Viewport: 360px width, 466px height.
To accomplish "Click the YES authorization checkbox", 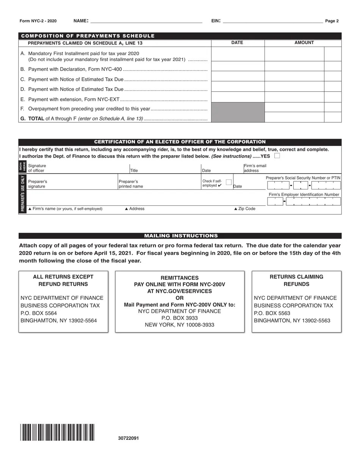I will [277, 156].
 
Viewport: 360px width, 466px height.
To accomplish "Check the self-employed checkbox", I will [229, 182].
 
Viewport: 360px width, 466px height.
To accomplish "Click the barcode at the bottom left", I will [57, 432].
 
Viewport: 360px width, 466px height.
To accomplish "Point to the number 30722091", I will [128, 438].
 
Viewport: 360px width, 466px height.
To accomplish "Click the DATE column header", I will [237, 43].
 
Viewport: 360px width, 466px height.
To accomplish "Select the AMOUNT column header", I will [304, 43].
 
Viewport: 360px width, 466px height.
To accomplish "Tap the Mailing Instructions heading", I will [181, 236].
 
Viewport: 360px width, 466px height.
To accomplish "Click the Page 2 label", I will [332, 21].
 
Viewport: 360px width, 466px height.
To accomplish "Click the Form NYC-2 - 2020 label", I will [38, 21].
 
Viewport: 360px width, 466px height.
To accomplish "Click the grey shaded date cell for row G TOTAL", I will [238, 117].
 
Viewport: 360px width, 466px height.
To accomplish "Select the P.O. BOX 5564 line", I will [39, 313].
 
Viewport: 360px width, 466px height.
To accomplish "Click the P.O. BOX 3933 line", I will [180, 318].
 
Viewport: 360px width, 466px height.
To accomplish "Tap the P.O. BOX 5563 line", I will [272, 313].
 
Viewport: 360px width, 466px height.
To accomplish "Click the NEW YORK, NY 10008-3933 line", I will [180, 325].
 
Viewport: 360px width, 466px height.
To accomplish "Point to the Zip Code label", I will [245, 209].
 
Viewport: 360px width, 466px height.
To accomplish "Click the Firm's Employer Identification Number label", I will [304, 194].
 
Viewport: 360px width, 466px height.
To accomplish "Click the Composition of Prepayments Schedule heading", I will [88, 36].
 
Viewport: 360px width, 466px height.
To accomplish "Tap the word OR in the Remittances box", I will [180, 298].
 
